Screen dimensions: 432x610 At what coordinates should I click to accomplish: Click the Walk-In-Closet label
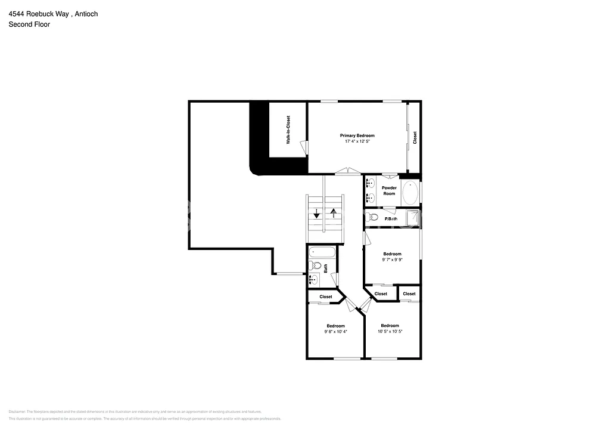pos(288,129)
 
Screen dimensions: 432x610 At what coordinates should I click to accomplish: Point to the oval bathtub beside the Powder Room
pos(410,193)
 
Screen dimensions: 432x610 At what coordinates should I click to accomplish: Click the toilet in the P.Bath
pos(374,217)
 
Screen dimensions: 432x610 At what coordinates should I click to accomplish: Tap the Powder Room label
pos(389,191)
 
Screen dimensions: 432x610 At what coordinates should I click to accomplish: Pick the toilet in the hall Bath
pos(316,266)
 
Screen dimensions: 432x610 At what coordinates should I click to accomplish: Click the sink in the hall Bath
pos(314,277)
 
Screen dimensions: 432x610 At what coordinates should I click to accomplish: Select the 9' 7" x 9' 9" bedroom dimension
pos(392,260)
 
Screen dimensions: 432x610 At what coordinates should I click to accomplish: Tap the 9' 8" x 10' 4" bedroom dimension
pos(335,331)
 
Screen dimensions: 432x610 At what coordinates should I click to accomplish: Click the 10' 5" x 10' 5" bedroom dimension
pos(390,331)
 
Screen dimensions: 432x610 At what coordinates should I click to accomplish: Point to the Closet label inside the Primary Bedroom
pos(415,138)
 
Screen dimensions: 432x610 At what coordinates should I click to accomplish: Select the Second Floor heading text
pos(29,24)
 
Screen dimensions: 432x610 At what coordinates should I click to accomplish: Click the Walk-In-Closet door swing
pos(304,146)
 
